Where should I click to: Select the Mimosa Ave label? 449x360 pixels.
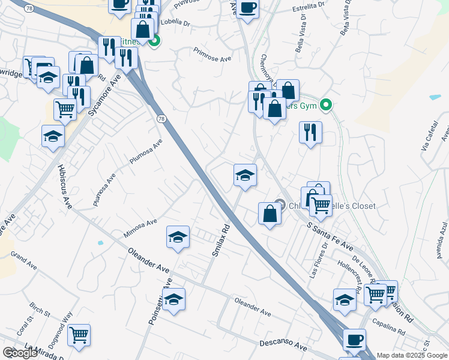pos(139,227)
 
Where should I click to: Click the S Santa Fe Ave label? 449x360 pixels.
pos(330,236)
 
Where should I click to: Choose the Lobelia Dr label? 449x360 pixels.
pos(175,24)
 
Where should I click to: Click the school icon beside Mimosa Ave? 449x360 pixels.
pos(178,238)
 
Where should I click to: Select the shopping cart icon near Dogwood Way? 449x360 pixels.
pos(79,335)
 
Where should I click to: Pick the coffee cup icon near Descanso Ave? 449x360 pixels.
pos(354,339)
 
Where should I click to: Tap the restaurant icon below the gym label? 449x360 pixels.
pos(310,132)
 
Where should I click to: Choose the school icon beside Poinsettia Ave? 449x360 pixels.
pos(174,300)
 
